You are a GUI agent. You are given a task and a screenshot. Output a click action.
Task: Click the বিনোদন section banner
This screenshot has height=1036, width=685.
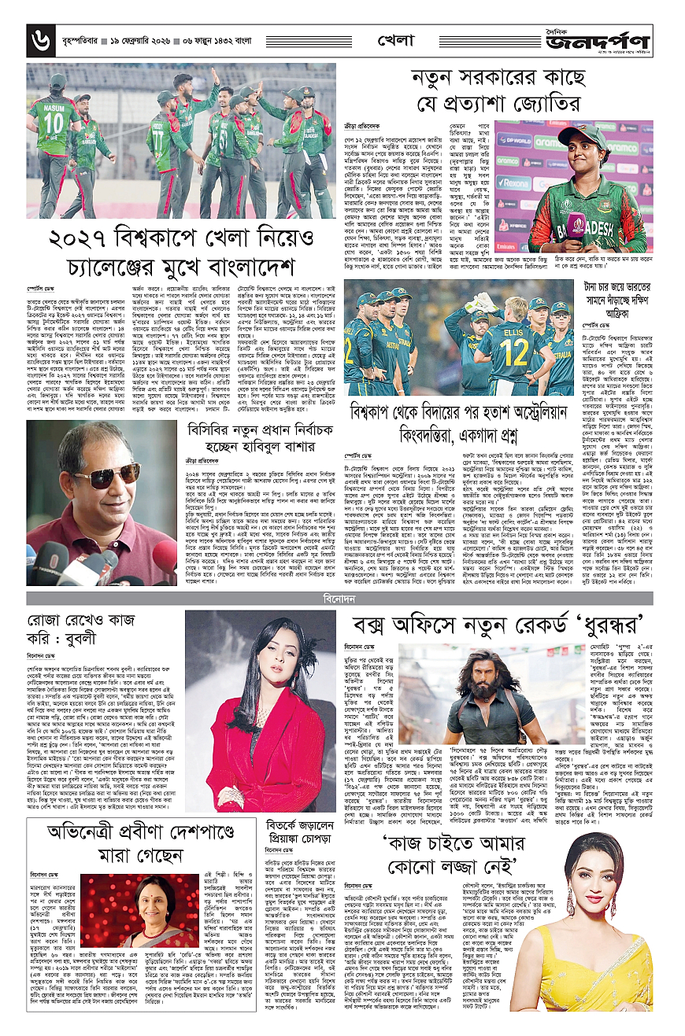point(341,599)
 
